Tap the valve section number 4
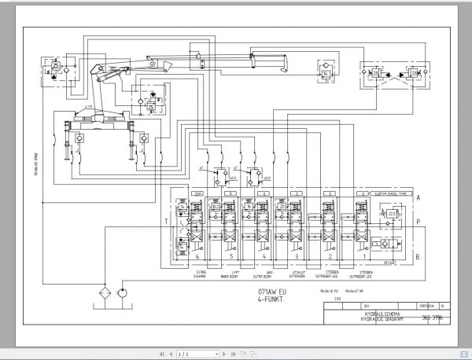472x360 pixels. (264, 256)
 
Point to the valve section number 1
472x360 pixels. (363, 256)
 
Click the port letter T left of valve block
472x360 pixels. (165, 222)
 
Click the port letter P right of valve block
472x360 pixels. (419, 223)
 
